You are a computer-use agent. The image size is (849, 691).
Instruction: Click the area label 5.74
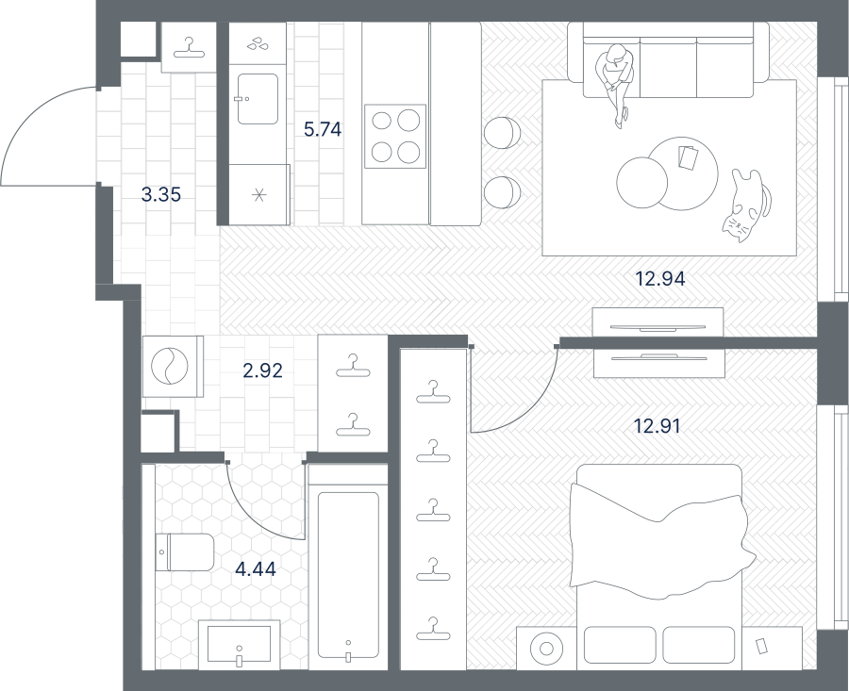pyautogui.click(x=323, y=130)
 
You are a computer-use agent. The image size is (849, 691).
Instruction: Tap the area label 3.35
pyautogui.click(x=160, y=194)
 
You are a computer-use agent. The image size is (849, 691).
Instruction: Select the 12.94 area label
pyautogui.click(x=660, y=279)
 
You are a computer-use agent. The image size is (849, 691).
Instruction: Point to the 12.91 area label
pyautogui.click(x=657, y=426)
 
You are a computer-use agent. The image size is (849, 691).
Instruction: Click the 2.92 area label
pyautogui.click(x=262, y=370)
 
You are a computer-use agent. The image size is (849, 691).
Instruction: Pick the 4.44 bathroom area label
pyautogui.click(x=256, y=569)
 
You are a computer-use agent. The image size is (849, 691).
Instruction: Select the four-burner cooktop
pyautogui.click(x=395, y=137)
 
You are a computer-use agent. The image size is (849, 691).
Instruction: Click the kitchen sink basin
pyautogui.click(x=258, y=99)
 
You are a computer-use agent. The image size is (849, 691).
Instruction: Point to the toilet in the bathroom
pyautogui.click(x=185, y=552)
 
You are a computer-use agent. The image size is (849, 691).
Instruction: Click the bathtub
pyautogui.click(x=348, y=575)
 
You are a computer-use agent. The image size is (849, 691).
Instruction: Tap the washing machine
pyautogui.click(x=173, y=367)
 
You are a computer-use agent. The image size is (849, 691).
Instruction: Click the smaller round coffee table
pyautogui.click(x=642, y=182)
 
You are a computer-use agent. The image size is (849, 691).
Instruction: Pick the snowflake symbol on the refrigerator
pyautogui.click(x=259, y=195)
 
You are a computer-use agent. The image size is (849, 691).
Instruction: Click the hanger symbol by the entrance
pyautogui.click(x=189, y=48)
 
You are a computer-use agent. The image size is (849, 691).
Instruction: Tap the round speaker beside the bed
pyautogui.click(x=546, y=649)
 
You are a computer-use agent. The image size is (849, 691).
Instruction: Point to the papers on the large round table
pyautogui.click(x=689, y=157)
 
